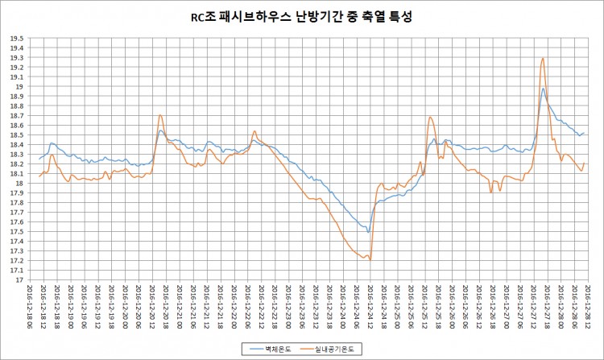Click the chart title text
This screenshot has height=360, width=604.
click(x=301, y=17)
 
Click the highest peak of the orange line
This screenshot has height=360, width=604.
click(x=544, y=58)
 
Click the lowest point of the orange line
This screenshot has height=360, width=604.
click(x=369, y=259)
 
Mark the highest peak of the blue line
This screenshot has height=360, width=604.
click(x=544, y=89)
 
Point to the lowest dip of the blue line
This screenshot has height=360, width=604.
click(x=368, y=232)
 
